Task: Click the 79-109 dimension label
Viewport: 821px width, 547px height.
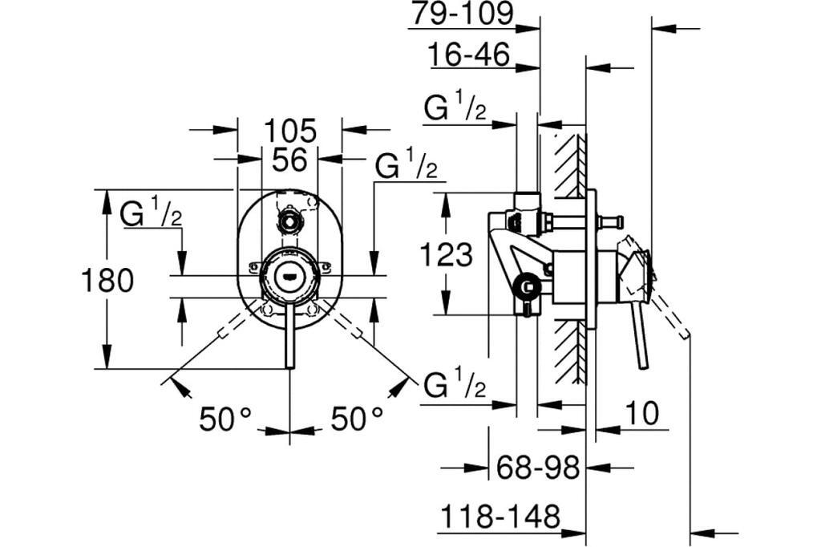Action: [461, 14]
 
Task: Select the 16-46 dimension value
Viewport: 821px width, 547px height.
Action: [469, 55]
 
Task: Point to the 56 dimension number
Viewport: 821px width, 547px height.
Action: [289, 160]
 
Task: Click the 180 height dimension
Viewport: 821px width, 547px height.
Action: [107, 281]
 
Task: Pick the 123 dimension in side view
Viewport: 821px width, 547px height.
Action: [447, 255]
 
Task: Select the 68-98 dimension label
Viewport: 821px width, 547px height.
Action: [537, 468]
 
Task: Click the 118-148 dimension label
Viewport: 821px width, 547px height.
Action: [499, 517]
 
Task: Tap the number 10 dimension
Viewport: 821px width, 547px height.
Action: [641, 414]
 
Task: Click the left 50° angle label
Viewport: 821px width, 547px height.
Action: [225, 418]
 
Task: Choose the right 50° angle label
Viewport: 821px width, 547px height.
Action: [357, 418]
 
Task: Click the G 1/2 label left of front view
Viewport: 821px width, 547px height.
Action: [152, 214]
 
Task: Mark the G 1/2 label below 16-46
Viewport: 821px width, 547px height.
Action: [455, 109]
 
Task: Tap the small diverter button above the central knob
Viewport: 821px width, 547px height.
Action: [289, 221]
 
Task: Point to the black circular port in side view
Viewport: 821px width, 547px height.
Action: [527, 286]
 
